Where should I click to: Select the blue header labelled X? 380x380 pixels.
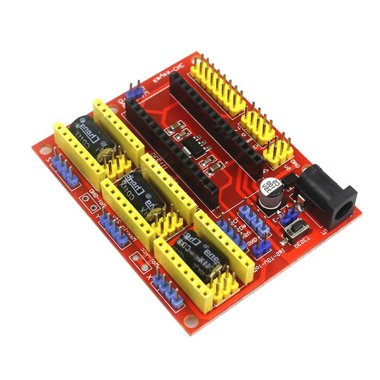(x=164, y=288)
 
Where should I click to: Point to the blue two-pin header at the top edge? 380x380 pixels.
(x=134, y=92)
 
